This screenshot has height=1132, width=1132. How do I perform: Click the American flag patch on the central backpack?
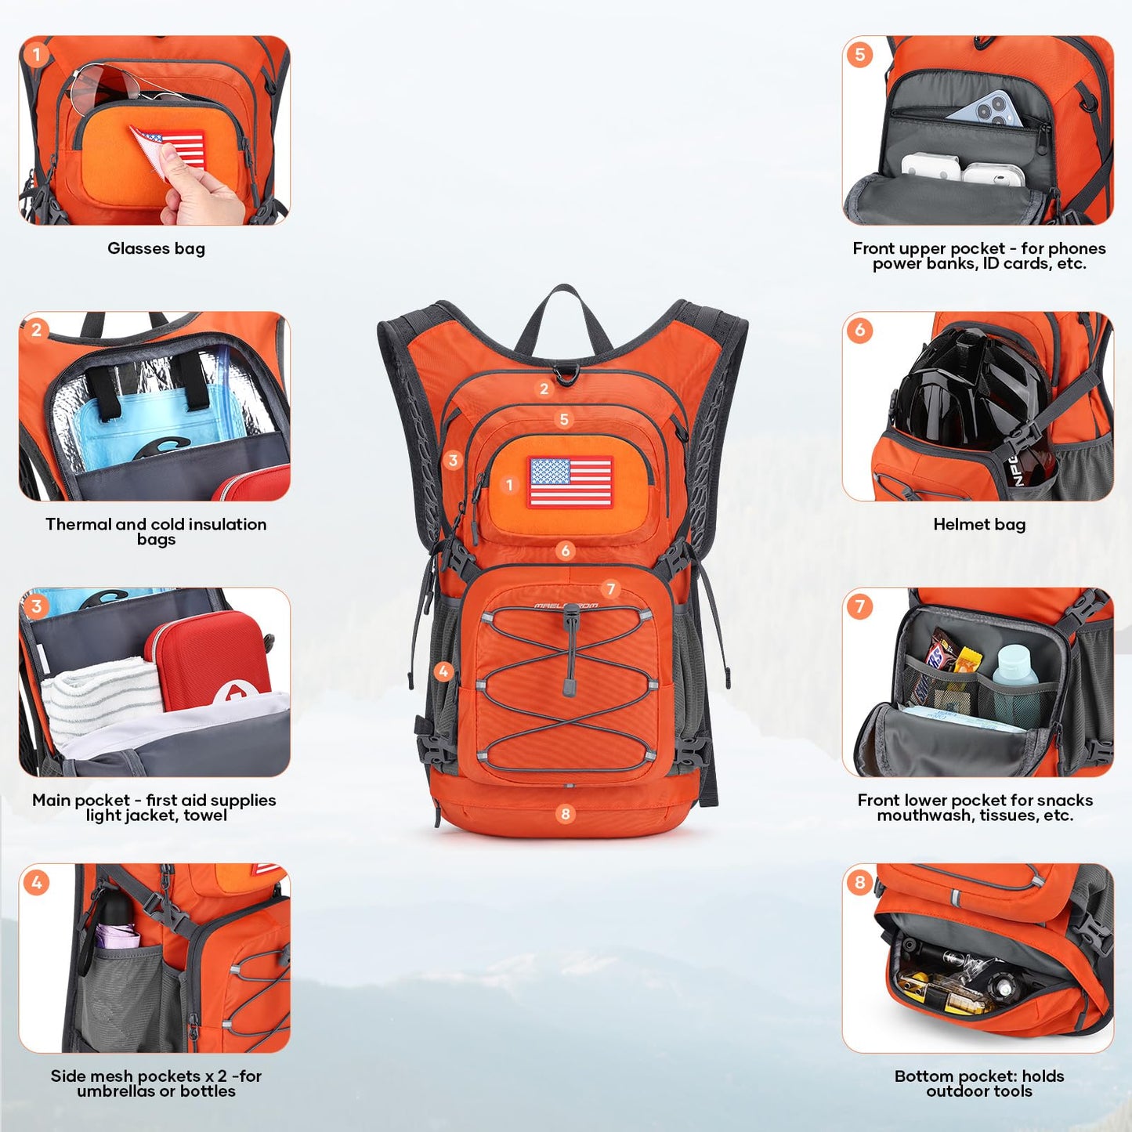570,481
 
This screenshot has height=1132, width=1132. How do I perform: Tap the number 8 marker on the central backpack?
565,814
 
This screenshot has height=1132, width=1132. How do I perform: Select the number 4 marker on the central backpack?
444,671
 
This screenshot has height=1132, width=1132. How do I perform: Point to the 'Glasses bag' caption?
156,248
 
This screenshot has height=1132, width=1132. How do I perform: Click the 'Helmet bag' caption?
979,524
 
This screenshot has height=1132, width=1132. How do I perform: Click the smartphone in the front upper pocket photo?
987,110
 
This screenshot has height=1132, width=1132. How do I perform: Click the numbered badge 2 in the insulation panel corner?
37,330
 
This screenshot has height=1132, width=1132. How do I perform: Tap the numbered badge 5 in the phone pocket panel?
860,54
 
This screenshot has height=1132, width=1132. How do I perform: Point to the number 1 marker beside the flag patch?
509,485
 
